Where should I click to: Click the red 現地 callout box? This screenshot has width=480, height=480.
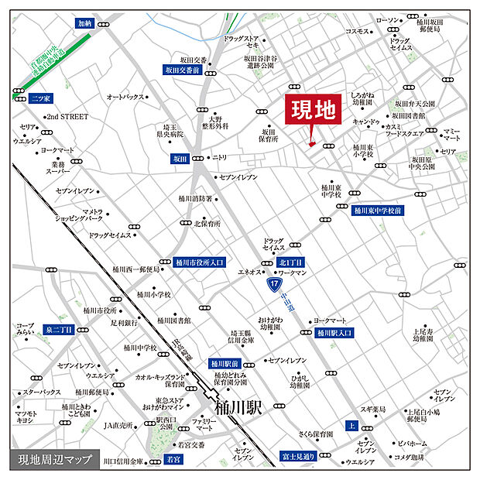click(x=314, y=111)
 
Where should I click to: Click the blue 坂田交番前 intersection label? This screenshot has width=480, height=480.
click(x=182, y=70)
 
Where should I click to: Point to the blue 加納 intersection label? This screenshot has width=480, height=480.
click(x=84, y=24)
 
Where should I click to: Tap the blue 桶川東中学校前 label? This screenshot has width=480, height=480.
click(x=378, y=210)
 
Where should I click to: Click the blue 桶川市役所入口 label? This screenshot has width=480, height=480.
click(x=199, y=262)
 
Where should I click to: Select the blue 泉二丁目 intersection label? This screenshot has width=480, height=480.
click(x=58, y=330)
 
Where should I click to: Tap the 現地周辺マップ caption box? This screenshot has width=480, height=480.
click(x=50, y=460)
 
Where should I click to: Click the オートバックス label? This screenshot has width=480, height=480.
click(x=125, y=97)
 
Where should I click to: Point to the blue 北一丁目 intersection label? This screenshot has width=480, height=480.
click(x=291, y=262)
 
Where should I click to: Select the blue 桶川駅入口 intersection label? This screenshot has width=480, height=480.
click(x=334, y=332)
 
